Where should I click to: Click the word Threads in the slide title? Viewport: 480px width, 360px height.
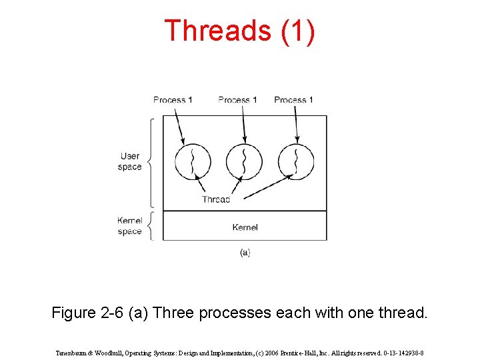pos(217,31)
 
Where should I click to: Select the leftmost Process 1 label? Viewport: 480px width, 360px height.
pos(173,100)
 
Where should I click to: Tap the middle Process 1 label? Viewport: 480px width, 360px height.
pos(237,100)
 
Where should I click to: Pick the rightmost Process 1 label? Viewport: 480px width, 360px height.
pos(293,100)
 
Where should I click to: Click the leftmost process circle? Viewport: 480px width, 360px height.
pos(193,161)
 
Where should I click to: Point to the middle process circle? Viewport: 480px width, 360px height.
pos(244,161)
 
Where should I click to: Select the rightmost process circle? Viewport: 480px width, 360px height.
pos(296,161)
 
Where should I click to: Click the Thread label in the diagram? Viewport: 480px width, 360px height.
pos(216,199)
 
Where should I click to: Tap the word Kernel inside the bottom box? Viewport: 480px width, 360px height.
pos(245,227)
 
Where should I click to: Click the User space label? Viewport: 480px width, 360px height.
pos(129,161)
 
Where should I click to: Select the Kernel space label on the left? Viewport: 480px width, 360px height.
pos(129,226)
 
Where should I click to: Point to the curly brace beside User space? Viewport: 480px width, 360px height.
pos(151,162)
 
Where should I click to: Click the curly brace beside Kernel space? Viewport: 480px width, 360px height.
pos(151,226)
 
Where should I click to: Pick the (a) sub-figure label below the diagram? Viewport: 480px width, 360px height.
pos(245,253)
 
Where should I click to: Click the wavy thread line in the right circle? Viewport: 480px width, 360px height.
pos(296,161)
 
